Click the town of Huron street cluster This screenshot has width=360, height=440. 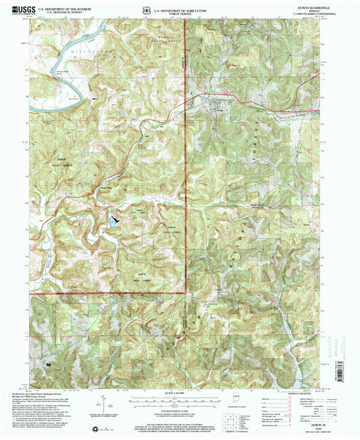(217, 105)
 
